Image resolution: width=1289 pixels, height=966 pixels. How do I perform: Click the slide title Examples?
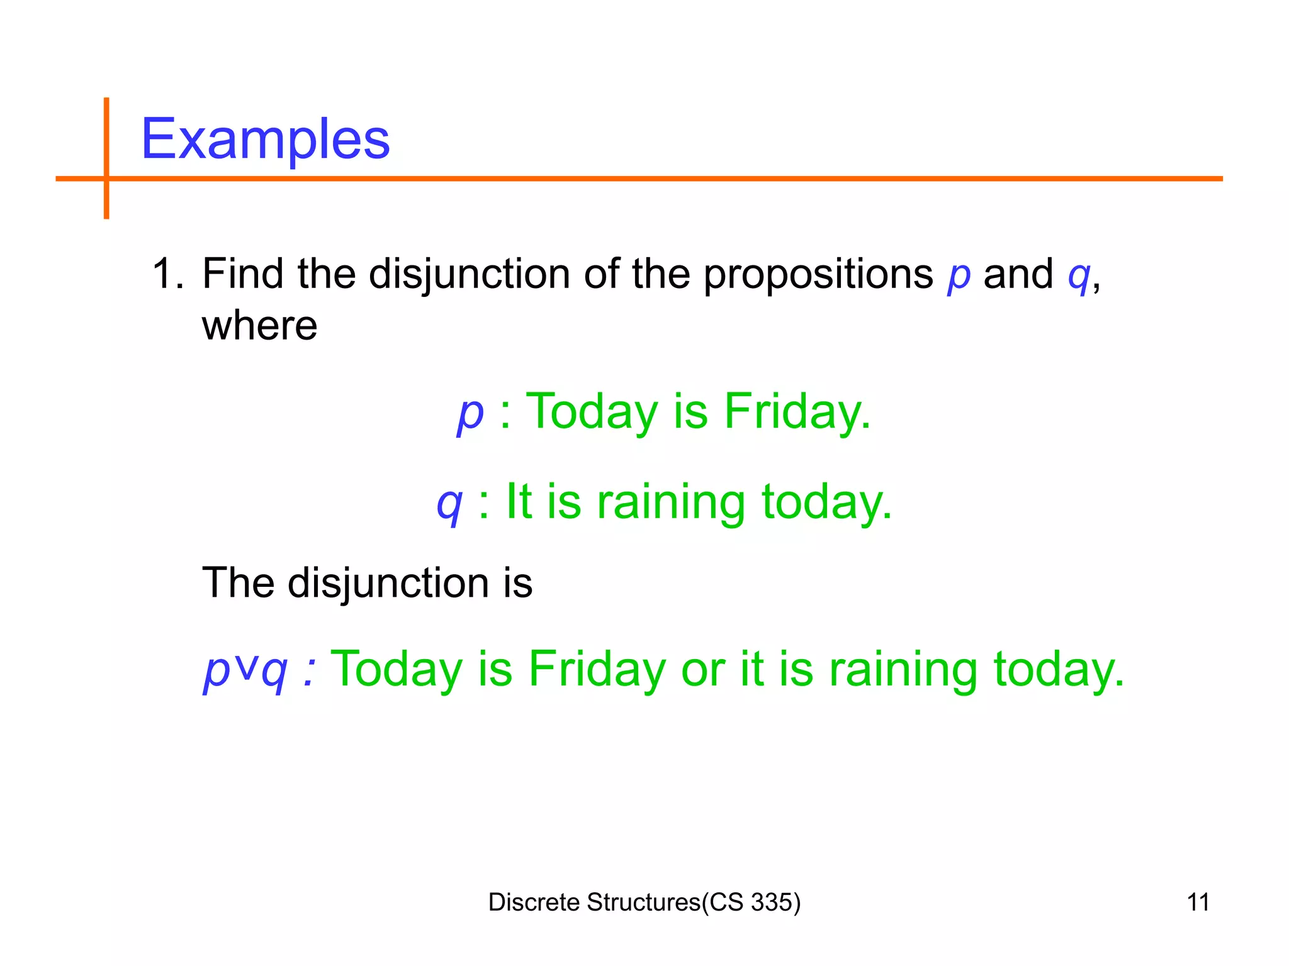pos(265,140)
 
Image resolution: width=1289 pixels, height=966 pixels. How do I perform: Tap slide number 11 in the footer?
pos(1198,902)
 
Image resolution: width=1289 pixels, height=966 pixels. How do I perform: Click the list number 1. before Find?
pos(167,274)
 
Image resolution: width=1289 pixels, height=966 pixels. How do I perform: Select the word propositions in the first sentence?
pos(818,275)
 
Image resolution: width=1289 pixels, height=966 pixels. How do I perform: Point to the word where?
pos(259,326)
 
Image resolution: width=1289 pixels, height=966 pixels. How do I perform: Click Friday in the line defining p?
pos(797,412)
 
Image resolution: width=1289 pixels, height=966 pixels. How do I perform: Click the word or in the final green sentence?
pos(702,669)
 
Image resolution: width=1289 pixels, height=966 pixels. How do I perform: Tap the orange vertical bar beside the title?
pos(106,157)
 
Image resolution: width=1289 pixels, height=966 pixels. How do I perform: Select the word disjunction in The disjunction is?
pos(388,584)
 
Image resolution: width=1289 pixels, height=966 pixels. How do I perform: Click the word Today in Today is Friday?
pos(591,412)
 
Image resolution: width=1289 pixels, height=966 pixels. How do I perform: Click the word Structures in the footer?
pos(643,902)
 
